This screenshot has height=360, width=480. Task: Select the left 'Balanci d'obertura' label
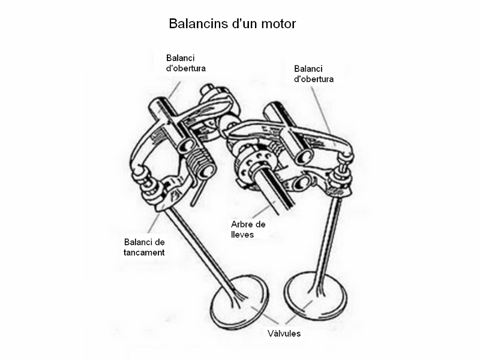(x=185, y=63)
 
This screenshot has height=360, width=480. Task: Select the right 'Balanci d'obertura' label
(x=314, y=74)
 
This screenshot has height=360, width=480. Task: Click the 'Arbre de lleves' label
(x=248, y=229)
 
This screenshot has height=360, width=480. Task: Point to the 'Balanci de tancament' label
(x=144, y=247)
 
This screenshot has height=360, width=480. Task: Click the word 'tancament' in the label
(x=144, y=253)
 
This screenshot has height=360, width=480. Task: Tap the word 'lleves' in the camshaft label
(x=242, y=235)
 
